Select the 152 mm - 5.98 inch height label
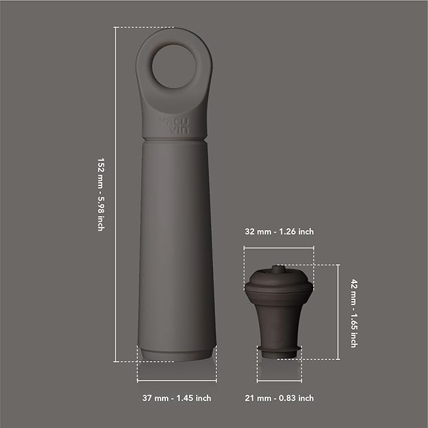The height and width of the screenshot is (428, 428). tap(101, 194)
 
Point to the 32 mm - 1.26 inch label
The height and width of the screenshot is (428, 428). tap(279, 232)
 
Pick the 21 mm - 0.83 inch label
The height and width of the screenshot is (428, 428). tap(279, 398)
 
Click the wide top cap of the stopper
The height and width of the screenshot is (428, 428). tap(279, 284)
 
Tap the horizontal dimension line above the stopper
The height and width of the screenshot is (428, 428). tap(279, 248)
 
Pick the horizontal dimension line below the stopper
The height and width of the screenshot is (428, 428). tap(279, 382)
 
